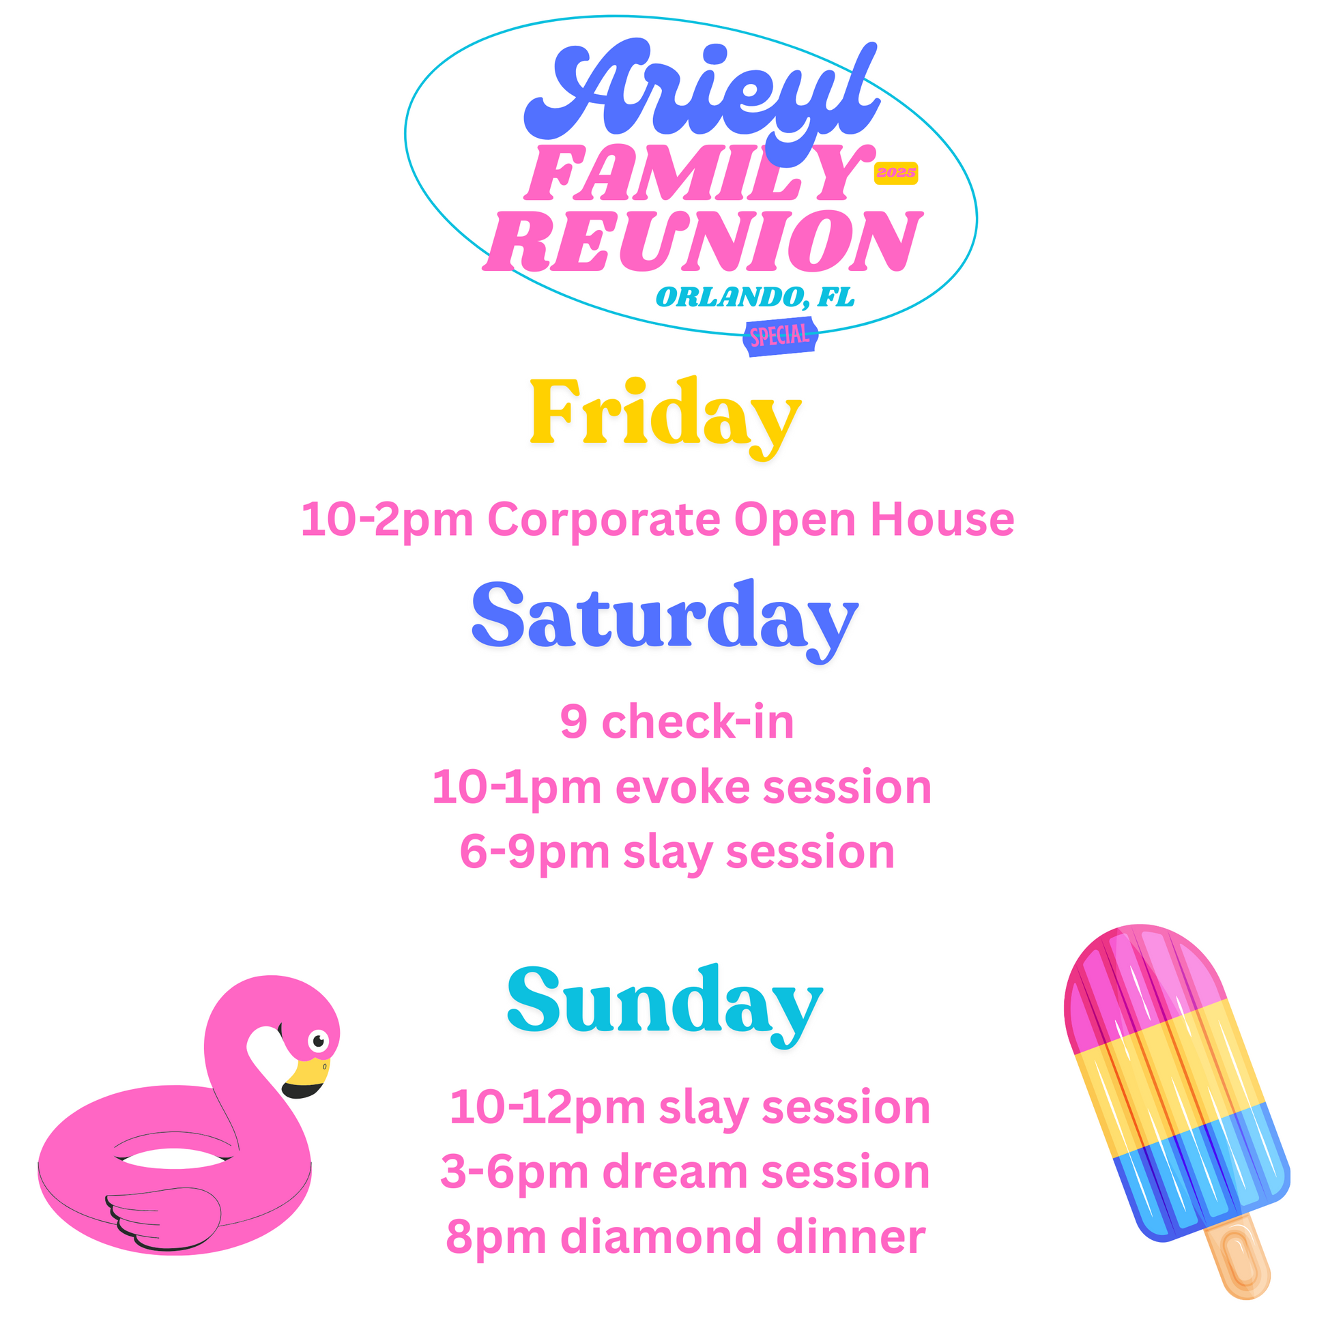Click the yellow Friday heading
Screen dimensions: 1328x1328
(x=665, y=418)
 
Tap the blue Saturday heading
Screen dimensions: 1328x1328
(x=665, y=621)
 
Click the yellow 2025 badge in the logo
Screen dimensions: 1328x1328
(x=895, y=173)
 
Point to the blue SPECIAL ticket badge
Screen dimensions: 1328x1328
(x=780, y=336)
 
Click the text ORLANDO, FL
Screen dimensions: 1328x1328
(x=755, y=297)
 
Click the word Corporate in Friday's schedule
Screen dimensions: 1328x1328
(x=603, y=520)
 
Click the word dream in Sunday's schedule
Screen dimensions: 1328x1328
(x=674, y=1172)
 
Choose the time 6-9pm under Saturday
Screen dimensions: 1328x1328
(x=534, y=853)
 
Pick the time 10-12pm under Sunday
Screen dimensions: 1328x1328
(x=547, y=1109)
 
